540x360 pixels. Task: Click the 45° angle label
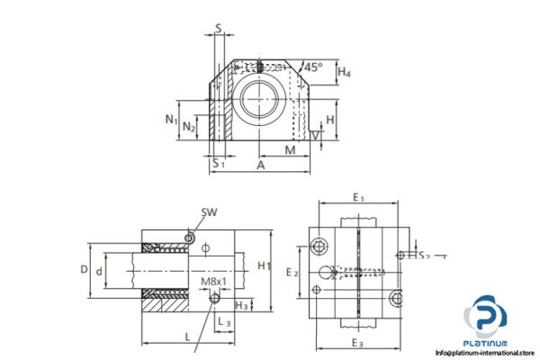pos(313,67)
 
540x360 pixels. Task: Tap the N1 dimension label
pos(170,119)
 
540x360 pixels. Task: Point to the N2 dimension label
pos(188,128)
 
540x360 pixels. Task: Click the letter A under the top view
pos(260,166)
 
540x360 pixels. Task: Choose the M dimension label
pos(290,148)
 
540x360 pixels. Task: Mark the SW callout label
pos(210,212)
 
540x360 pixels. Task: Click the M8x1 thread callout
pos(212,282)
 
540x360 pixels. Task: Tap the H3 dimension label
pos(241,307)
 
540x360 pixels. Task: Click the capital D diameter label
pos(84,268)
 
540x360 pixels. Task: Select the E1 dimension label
pos(357,196)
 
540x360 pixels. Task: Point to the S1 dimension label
pos(217,163)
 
